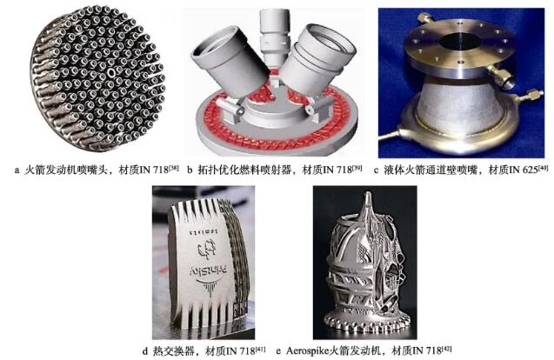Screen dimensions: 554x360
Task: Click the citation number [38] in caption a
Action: tap(174, 167)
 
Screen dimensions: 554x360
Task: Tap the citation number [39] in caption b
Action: tap(357, 167)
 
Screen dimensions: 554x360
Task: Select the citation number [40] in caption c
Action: tap(543, 167)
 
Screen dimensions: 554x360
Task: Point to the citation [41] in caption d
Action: tap(260, 349)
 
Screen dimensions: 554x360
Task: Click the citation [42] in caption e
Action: tap(447, 349)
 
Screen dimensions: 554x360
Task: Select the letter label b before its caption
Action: tap(190, 170)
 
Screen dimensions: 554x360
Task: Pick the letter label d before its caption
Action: tap(145, 351)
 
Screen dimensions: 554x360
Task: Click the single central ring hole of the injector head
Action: tap(111, 73)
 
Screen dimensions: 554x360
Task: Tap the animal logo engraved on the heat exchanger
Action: tap(207, 249)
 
